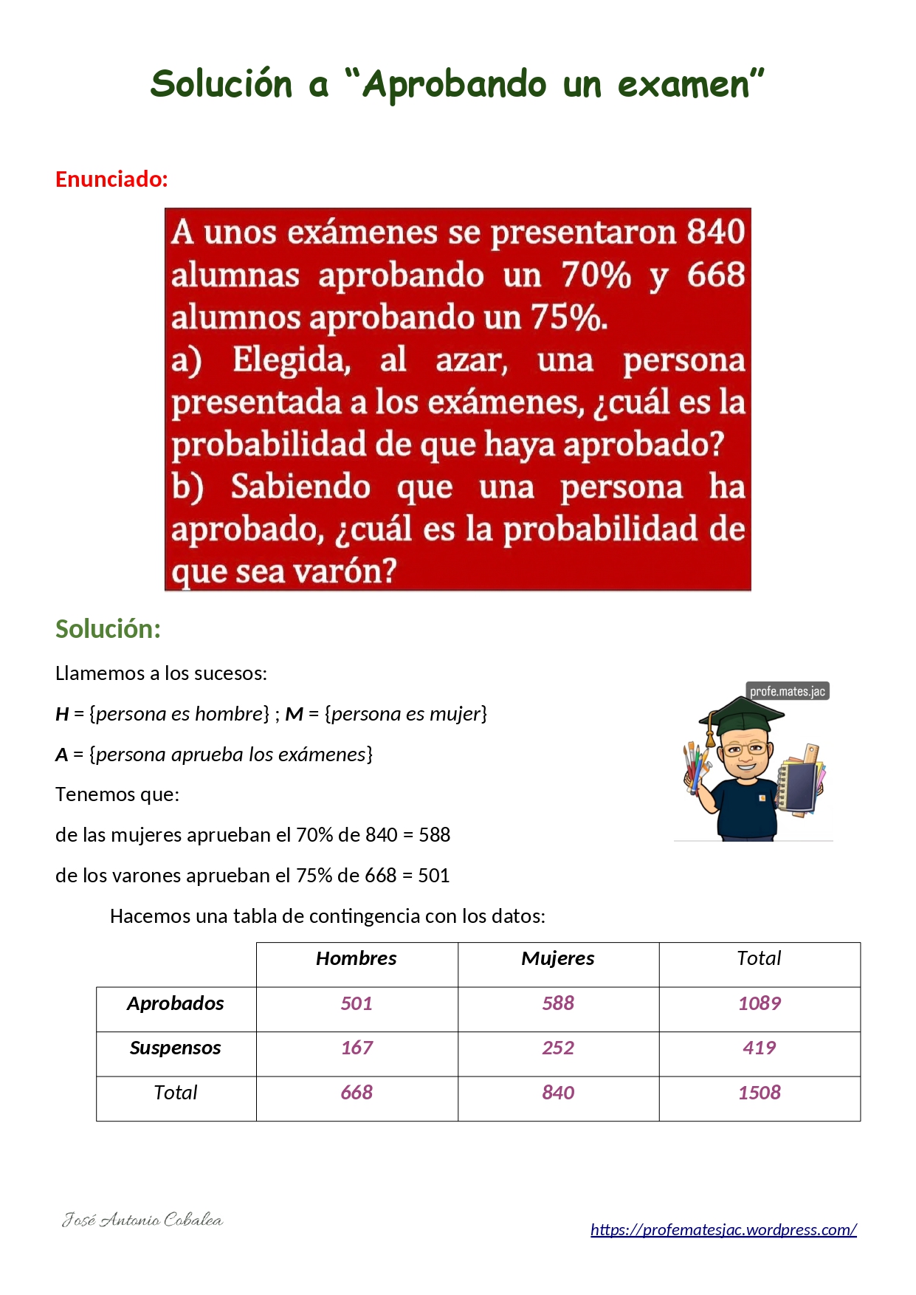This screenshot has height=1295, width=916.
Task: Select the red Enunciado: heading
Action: point(111,179)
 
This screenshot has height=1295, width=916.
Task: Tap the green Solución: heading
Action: point(108,629)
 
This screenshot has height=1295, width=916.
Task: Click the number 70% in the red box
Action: point(596,275)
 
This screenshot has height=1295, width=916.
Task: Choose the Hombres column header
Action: point(356,958)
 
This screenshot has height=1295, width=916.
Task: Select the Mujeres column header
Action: point(557,958)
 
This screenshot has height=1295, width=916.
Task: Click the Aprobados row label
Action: point(175,1003)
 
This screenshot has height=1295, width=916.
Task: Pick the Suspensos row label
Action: point(175,1048)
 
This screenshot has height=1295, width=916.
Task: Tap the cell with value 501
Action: point(357,1003)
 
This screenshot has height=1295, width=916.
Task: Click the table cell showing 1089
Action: point(760,1003)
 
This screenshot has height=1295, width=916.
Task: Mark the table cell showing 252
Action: point(558,1048)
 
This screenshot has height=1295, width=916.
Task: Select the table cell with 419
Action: point(760,1048)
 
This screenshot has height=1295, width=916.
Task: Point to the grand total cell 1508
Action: point(760,1093)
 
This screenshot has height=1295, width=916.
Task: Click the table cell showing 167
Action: point(357,1048)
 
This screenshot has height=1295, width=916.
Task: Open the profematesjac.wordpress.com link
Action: point(723,1229)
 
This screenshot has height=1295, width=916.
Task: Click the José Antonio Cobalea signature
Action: point(142,1220)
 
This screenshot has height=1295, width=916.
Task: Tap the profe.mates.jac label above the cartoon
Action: point(787,691)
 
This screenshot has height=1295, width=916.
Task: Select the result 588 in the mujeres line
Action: point(434,835)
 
